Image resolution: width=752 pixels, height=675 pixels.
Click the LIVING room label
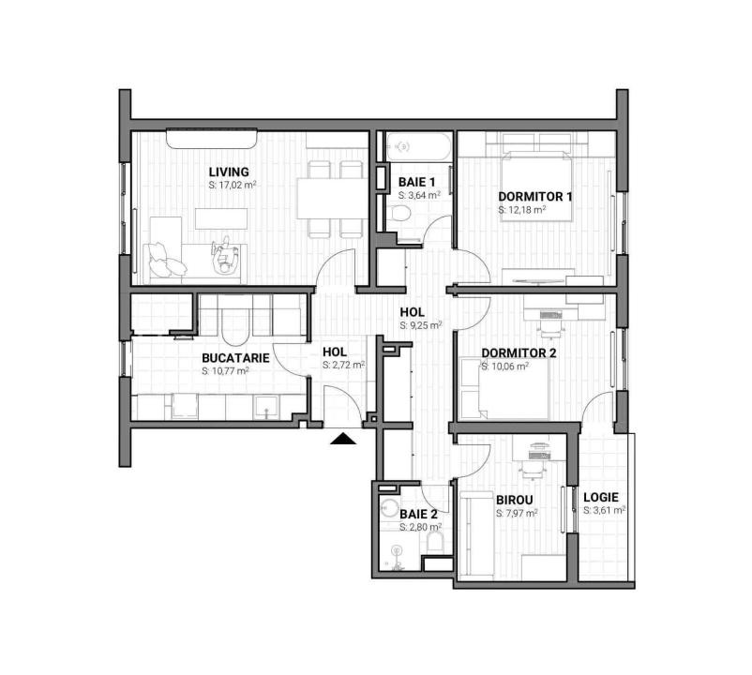229,172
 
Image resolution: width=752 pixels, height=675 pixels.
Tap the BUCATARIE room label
236,357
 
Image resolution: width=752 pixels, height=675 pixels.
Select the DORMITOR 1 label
535,197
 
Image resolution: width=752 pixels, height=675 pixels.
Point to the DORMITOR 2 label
519,353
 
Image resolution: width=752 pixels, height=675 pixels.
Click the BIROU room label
514,500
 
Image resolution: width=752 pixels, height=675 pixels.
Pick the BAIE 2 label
418,514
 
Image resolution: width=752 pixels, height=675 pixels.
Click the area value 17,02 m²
233,186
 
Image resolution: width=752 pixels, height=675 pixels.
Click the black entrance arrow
343,437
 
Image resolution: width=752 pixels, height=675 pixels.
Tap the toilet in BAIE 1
401,217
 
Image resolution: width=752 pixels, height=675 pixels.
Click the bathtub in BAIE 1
416,147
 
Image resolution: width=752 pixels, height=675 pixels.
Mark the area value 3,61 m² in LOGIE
604,511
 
